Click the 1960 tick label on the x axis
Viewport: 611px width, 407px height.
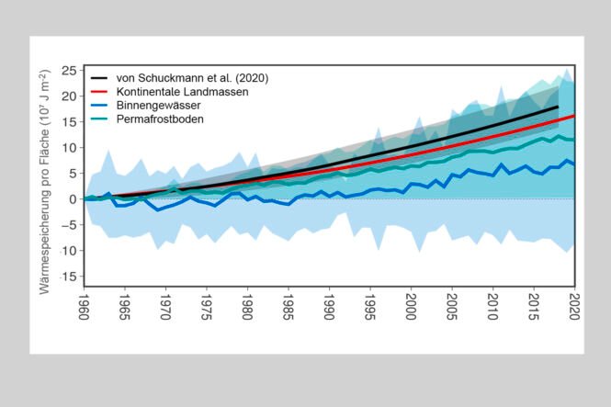pos(85,304)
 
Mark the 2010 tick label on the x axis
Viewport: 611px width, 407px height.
pos(493,304)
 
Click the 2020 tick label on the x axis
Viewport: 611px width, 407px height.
pos(575,304)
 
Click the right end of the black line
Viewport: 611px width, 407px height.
pos(558,107)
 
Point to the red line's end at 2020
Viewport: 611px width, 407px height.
pos(574,116)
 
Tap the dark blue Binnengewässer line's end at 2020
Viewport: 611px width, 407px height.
pos(574,164)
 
